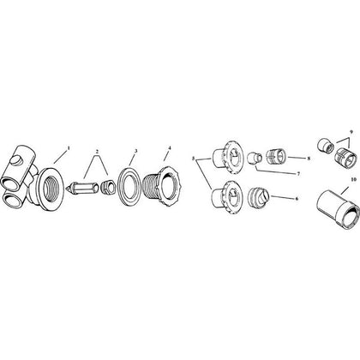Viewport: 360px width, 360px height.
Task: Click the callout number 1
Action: (x=68, y=148)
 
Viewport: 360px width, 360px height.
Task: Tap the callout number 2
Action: (x=97, y=151)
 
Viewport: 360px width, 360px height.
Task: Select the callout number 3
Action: (x=136, y=150)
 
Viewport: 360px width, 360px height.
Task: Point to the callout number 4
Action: (x=170, y=148)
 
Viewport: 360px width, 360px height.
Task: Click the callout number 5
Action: (x=194, y=158)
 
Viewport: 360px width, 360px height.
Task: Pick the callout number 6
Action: (x=297, y=199)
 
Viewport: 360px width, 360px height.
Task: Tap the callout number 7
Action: (x=298, y=174)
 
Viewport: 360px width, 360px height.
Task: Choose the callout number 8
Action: (x=309, y=159)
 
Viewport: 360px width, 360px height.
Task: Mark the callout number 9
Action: (x=351, y=132)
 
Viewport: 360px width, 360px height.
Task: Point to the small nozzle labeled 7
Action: (x=253, y=159)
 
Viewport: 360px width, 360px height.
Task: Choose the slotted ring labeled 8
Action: (x=275, y=157)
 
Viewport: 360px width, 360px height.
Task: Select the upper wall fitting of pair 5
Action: (x=227, y=156)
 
